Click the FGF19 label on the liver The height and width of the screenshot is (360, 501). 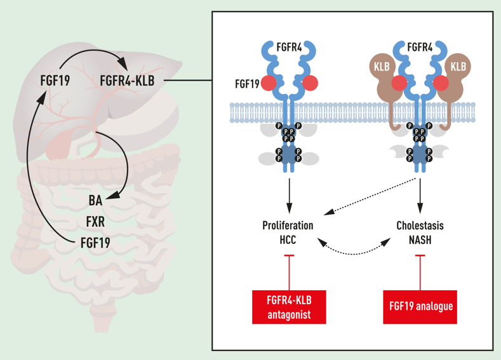(55, 81)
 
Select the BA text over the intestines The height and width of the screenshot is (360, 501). (95, 201)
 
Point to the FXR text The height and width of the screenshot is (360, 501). (95, 222)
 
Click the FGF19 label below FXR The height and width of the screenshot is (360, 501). (95, 243)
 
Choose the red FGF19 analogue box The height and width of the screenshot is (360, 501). (420, 307)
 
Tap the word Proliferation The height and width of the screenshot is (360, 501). (288, 225)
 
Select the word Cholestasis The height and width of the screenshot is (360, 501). (420, 225)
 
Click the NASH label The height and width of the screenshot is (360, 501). (420, 240)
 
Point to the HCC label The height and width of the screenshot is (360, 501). (287, 240)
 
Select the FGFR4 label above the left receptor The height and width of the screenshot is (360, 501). (289, 46)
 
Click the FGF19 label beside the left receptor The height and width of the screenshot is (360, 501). (246, 83)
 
